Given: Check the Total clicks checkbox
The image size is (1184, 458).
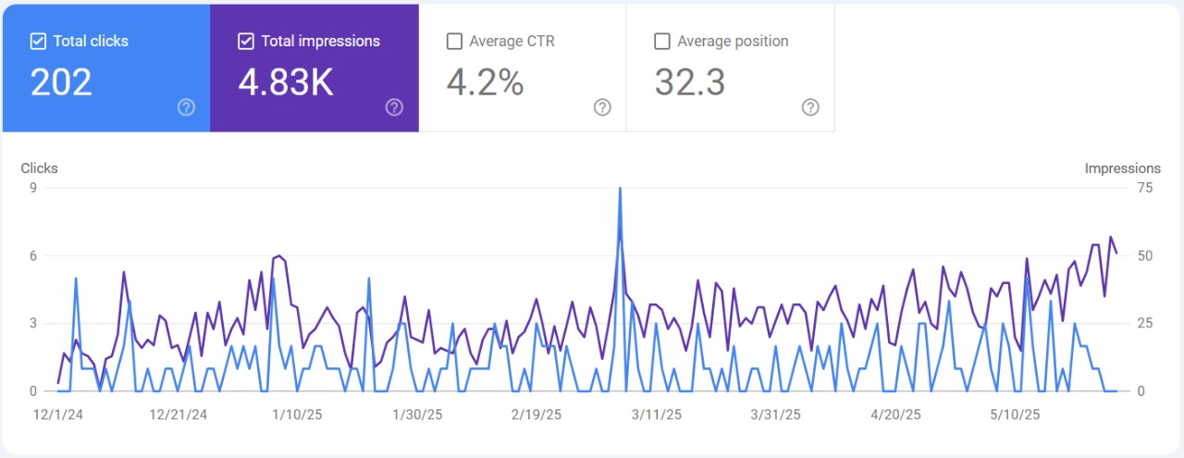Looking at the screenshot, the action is pyautogui.click(x=38, y=42).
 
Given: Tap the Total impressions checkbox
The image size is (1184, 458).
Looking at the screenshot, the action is pyautogui.click(x=246, y=42).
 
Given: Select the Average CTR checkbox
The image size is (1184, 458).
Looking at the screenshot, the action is pyautogui.click(x=454, y=42).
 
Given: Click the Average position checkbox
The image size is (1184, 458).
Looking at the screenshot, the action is pyautogui.click(x=661, y=42).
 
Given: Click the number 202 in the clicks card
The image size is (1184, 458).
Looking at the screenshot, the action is pyautogui.click(x=61, y=82).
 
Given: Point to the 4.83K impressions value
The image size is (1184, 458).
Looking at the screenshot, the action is pyautogui.click(x=286, y=82).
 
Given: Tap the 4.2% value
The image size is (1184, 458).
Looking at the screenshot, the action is pyautogui.click(x=486, y=82).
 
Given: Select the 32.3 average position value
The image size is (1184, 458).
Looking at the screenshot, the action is pyautogui.click(x=690, y=82).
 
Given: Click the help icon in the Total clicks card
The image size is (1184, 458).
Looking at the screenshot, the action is pyautogui.click(x=186, y=107).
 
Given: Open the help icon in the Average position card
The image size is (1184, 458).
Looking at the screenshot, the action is pyautogui.click(x=810, y=107).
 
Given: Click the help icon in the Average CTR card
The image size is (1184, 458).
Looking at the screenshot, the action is pyautogui.click(x=602, y=107).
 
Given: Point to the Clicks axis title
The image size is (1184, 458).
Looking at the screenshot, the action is pyautogui.click(x=39, y=168).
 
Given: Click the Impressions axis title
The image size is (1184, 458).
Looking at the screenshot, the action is pyautogui.click(x=1123, y=168).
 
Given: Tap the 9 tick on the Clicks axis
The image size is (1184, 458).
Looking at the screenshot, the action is pyautogui.click(x=33, y=188).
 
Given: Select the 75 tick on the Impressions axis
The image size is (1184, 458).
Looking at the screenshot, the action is pyautogui.click(x=1145, y=188).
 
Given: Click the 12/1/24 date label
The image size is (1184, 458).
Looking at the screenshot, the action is pyautogui.click(x=58, y=415).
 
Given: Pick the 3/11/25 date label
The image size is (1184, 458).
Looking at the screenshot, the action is pyautogui.click(x=657, y=415).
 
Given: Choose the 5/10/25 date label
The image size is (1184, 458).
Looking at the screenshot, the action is pyautogui.click(x=1015, y=415).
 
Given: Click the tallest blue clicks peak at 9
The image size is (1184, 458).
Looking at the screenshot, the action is pyautogui.click(x=620, y=189).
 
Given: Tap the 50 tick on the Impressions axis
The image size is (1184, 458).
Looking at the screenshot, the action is pyautogui.click(x=1145, y=256).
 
